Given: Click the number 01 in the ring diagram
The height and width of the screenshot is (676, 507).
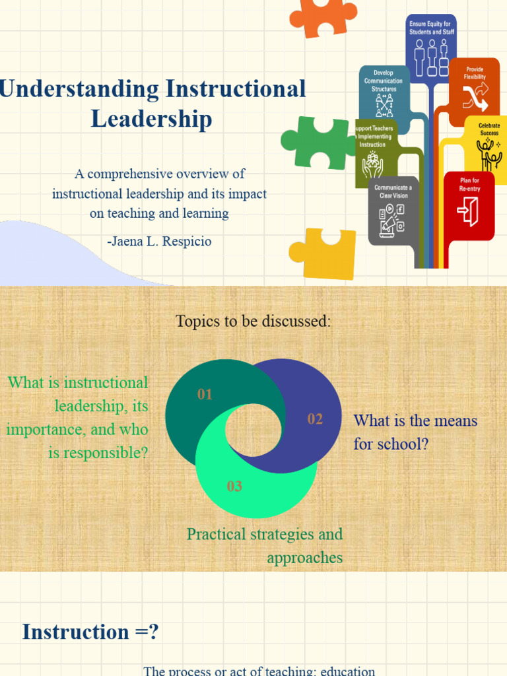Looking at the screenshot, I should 205,395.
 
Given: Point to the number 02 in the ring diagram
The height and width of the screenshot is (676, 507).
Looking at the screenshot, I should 315,419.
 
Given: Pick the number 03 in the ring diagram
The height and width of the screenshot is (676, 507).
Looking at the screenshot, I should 234,487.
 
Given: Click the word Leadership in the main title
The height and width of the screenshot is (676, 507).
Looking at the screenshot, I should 151,119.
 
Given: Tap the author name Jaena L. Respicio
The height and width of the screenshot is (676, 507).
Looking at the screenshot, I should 159,241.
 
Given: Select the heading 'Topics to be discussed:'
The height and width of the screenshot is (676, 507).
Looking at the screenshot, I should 253,321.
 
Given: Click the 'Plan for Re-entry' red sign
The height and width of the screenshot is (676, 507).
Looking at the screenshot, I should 469,205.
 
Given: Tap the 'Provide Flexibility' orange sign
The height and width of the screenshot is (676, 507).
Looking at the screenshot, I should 475,91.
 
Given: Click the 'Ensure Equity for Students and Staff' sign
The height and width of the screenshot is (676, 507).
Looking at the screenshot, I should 431,46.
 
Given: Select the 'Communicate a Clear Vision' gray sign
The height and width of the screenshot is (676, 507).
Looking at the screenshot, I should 392,210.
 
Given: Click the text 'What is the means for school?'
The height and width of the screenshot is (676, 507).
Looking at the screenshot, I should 415,432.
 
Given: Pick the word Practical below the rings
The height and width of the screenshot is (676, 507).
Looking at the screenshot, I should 219,534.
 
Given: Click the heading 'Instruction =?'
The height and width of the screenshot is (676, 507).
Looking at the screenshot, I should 90,632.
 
